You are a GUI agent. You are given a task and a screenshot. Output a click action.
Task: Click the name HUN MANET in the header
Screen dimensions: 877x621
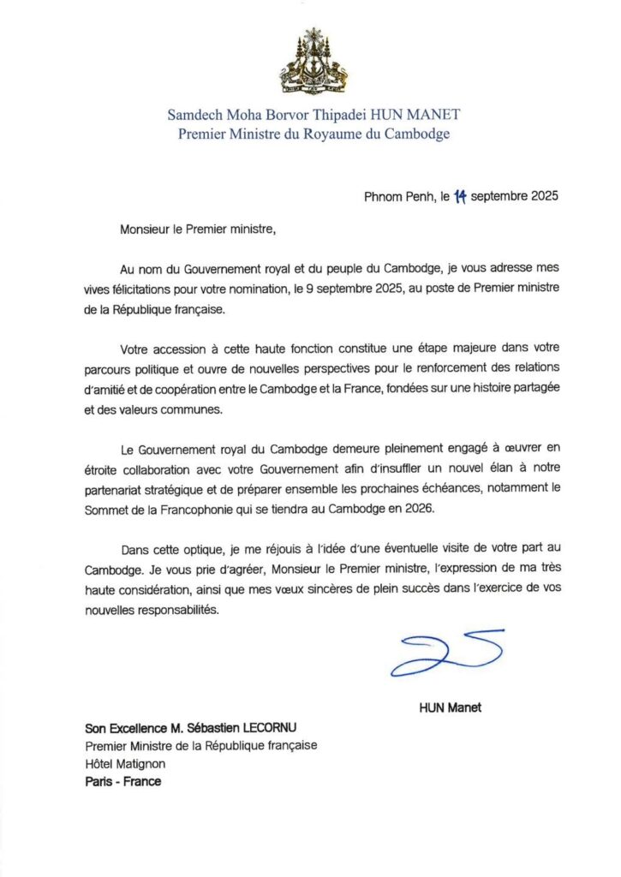[x=424, y=114]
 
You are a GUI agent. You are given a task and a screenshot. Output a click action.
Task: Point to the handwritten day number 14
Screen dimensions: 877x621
[x=459, y=195]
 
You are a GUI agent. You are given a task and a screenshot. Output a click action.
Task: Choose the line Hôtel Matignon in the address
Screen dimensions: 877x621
[x=125, y=764]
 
